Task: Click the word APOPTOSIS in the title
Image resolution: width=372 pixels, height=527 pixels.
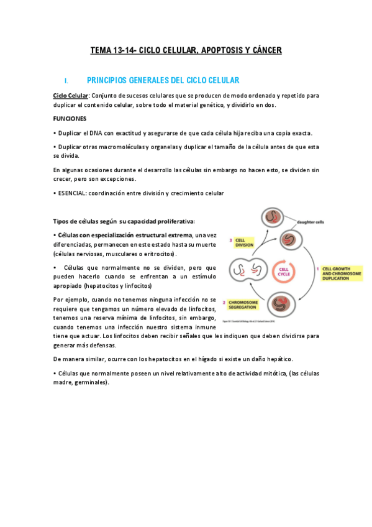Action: [222, 50]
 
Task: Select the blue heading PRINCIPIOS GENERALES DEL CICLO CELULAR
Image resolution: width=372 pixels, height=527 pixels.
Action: [163, 80]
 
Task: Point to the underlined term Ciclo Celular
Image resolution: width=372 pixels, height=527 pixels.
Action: [71, 96]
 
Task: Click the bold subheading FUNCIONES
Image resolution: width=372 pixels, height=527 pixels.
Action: [70, 118]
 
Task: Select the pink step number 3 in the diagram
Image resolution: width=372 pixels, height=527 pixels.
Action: [231, 239]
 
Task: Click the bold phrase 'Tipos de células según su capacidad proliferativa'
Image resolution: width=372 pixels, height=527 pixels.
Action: [124, 221]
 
